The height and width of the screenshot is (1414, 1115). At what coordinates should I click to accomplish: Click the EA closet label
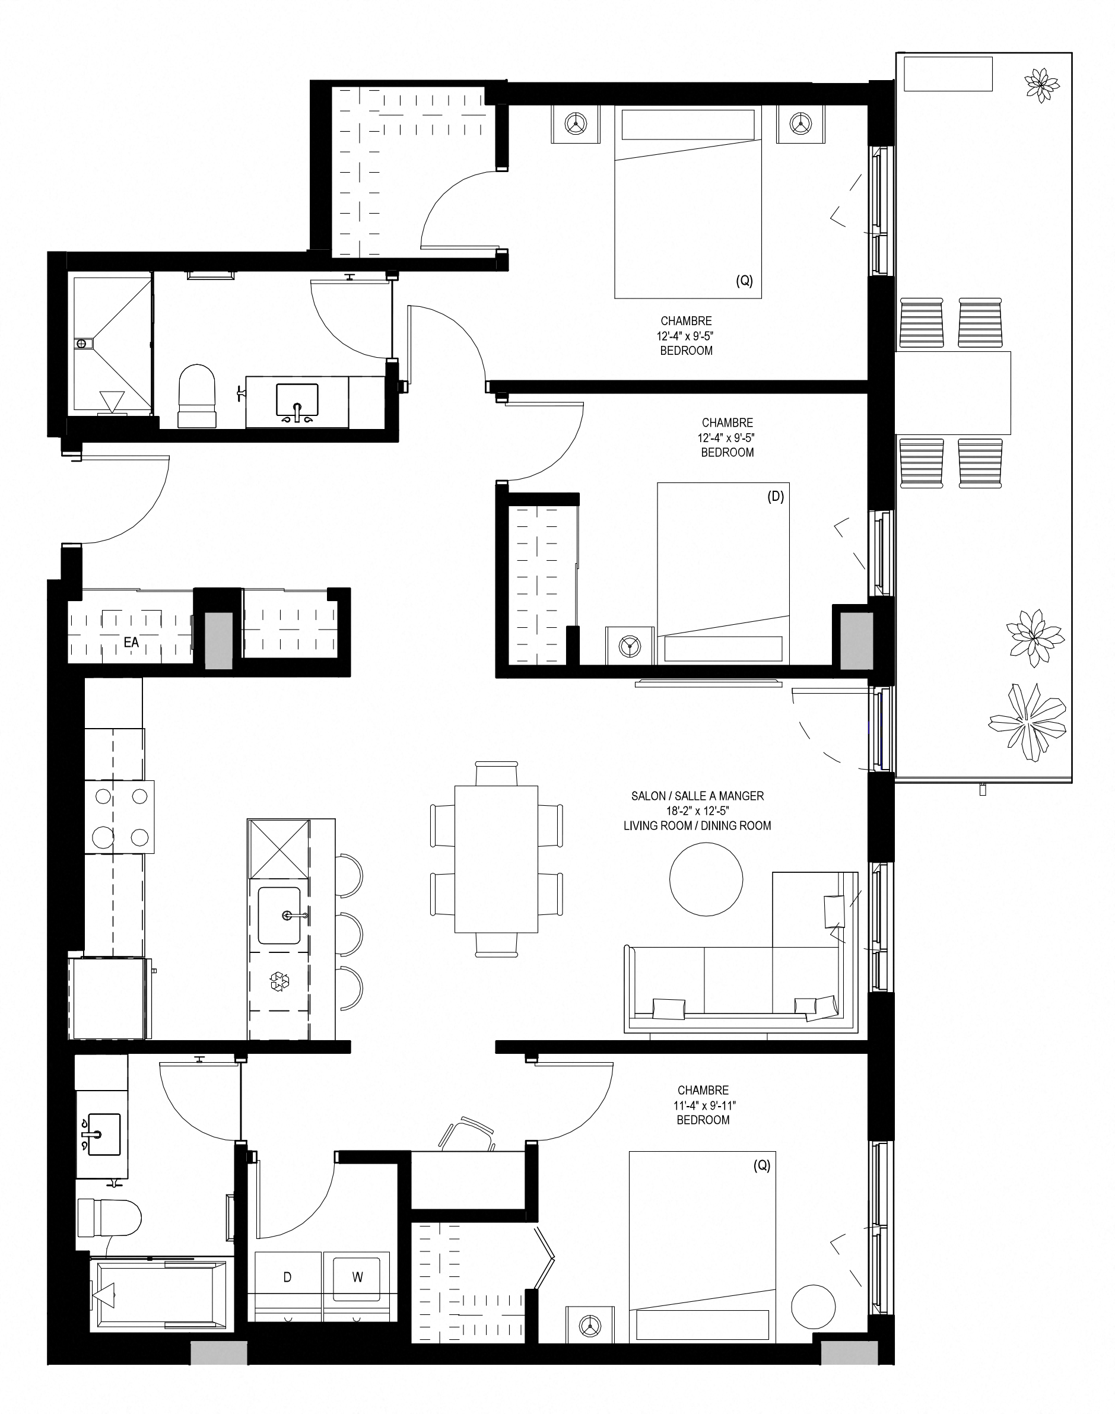click(131, 643)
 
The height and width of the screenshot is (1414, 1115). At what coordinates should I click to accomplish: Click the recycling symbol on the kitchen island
click(280, 981)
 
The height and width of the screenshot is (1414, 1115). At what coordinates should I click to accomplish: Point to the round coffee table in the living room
click(706, 879)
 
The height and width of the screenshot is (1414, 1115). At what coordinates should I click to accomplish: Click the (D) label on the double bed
click(776, 496)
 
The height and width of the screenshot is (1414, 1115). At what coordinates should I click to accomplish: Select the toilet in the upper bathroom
click(197, 396)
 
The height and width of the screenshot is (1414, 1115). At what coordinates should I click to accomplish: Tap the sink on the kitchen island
click(279, 915)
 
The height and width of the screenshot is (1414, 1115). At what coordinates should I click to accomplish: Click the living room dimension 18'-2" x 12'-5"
click(697, 811)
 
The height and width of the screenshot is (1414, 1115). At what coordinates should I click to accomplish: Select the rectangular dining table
click(496, 859)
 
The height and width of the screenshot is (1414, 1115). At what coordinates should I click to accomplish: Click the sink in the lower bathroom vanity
click(104, 1135)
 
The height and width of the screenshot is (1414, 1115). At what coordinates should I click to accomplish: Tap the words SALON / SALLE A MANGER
click(697, 796)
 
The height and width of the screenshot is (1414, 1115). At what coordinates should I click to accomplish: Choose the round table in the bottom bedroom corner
click(813, 1307)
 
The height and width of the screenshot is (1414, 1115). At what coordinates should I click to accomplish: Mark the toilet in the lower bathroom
click(109, 1218)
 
